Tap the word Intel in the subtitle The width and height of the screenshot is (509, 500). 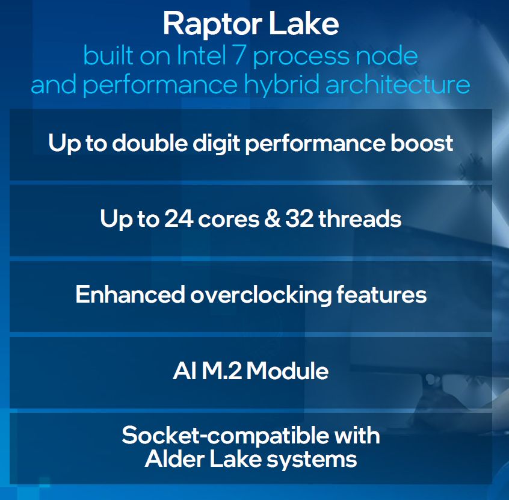[x=201, y=55]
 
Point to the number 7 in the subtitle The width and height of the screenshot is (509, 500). [x=239, y=55]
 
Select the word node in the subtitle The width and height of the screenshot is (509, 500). [x=387, y=55]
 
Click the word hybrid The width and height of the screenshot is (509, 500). [x=281, y=84]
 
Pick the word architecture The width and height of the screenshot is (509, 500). [x=398, y=84]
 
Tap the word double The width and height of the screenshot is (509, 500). [x=150, y=143]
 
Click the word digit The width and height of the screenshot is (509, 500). [x=216, y=143]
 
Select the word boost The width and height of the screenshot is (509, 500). [x=422, y=143]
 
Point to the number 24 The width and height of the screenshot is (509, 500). [x=179, y=218]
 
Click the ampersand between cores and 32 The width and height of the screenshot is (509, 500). [x=272, y=218]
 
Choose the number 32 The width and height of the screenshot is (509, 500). [x=299, y=218]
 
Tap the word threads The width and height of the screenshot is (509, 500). [x=360, y=218]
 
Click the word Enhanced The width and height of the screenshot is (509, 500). [x=130, y=294]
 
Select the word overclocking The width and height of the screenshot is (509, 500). [x=261, y=295]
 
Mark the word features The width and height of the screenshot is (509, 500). [x=381, y=294]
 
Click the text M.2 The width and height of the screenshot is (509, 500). [x=222, y=371]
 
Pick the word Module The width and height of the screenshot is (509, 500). [x=288, y=371]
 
